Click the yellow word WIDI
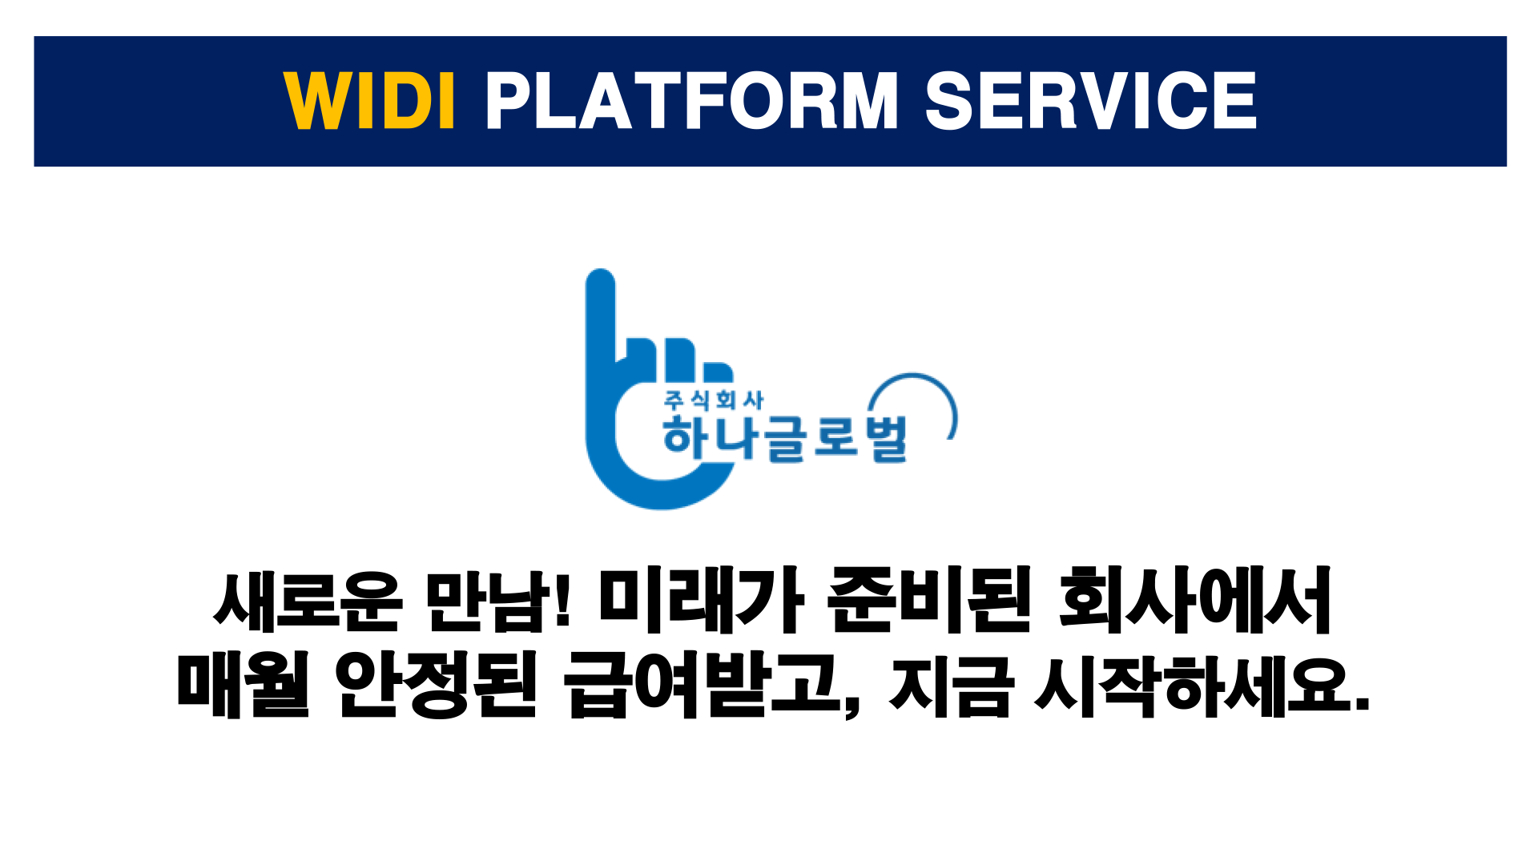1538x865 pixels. pos(369,100)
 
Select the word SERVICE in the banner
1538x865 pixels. pos(1091,100)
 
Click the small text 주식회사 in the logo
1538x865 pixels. pos(713,400)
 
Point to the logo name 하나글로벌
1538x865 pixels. pos(785,438)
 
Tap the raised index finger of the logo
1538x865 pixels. pos(601,316)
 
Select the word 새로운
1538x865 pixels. pos(308,600)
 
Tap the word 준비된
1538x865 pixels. pos(929,600)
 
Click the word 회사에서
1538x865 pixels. pos(1194,600)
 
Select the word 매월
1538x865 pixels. pos(243,685)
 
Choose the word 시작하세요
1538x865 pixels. pos(1194,685)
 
